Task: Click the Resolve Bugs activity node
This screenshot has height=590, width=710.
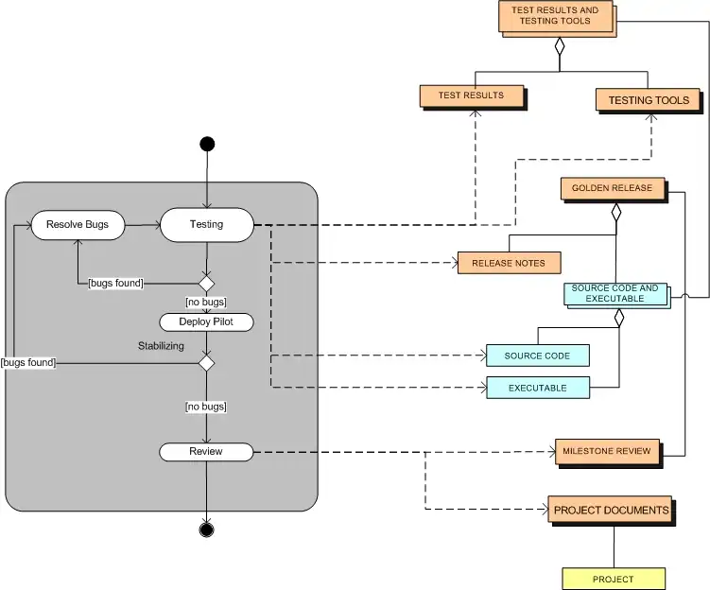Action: (78, 225)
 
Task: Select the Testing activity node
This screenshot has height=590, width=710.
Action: (207, 225)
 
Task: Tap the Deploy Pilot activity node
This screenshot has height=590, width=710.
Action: (207, 322)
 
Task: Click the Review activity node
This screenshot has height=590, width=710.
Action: (206, 452)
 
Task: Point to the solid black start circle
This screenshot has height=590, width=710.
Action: (207, 144)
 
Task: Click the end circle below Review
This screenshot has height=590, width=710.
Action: (206, 529)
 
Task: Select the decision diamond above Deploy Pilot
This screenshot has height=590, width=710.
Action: (206, 283)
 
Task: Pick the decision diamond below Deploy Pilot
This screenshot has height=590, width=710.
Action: (206, 362)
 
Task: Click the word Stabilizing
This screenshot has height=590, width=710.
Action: (161, 346)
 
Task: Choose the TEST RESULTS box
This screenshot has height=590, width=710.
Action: (471, 95)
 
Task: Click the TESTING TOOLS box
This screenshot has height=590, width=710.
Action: (648, 100)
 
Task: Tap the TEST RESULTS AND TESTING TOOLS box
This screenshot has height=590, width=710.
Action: (556, 16)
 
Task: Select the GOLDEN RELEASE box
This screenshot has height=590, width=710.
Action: (612, 188)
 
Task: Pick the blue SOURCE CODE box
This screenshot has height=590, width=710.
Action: (537, 356)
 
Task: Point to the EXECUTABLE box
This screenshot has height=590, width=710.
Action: (537, 388)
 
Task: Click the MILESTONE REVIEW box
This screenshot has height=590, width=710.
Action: (607, 451)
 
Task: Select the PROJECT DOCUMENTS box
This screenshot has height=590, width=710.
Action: (611, 510)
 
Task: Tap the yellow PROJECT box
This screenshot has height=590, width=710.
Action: (614, 579)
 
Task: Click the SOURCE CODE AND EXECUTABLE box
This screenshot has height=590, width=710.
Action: (615, 293)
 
